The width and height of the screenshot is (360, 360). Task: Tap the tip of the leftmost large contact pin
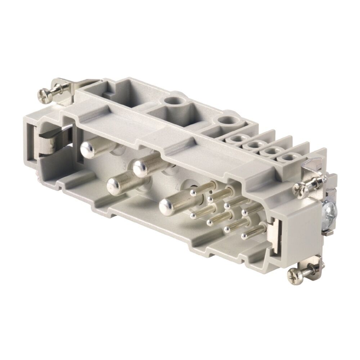(87, 148)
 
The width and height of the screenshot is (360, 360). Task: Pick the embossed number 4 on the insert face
(177, 188)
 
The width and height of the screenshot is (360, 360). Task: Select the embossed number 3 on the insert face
(125, 166)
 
